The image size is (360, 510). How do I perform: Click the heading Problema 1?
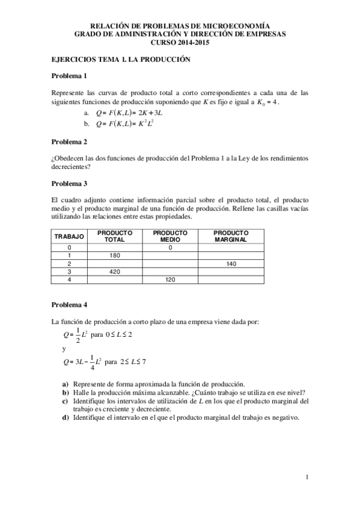click(x=69, y=76)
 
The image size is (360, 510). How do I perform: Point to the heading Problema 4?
click(x=69, y=304)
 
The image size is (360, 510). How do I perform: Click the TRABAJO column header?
click(x=69, y=237)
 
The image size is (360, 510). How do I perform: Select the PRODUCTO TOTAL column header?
click(x=115, y=236)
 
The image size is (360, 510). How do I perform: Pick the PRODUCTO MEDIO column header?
click(x=170, y=236)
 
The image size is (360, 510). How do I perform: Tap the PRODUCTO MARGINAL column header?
click(x=230, y=236)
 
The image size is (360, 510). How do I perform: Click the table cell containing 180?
click(x=115, y=255)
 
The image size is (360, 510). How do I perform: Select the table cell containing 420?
click(x=115, y=271)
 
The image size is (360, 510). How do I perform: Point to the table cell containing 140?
click(x=230, y=263)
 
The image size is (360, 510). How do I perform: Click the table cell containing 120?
click(x=170, y=280)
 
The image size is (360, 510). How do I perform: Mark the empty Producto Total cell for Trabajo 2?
click(x=115, y=263)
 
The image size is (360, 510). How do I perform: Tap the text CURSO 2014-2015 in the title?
click(x=180, y=43)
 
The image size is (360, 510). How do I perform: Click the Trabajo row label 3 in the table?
click(x=69, y=271)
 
